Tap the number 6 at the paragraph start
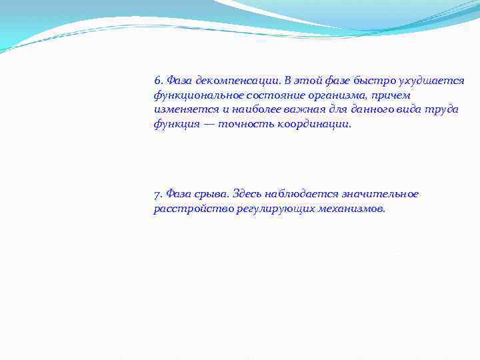pyautogui.click(x=157, y=81)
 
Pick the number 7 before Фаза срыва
pyautogui.click(x=157, y=194)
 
